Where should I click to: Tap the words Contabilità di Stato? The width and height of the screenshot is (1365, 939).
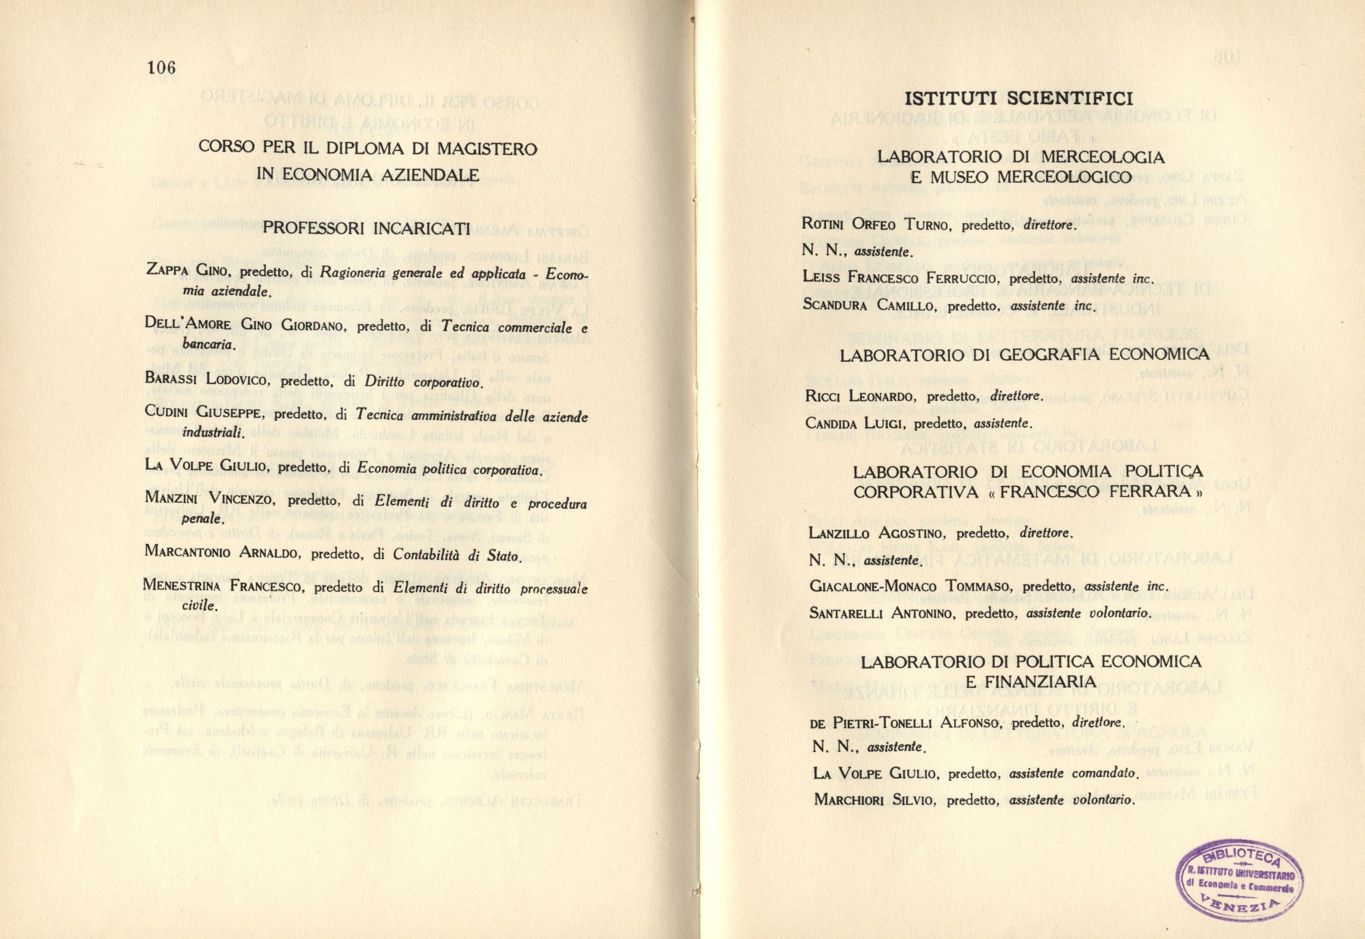tap(457, 556)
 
